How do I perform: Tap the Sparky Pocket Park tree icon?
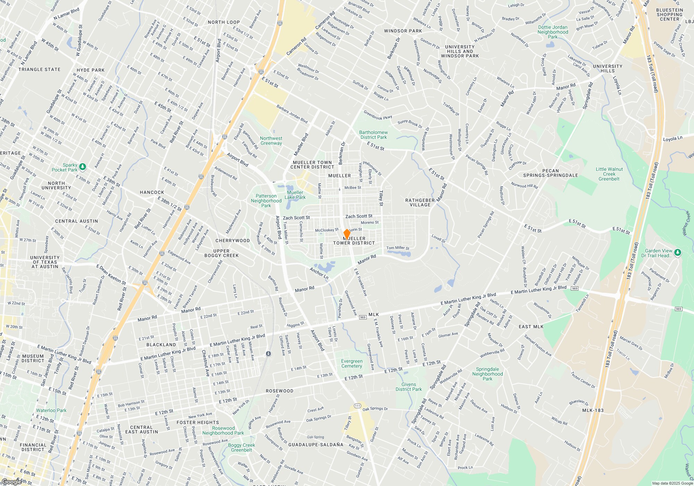tap(82, 167)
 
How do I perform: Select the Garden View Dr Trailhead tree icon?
tap(678, 252)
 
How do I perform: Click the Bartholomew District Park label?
tap(373, 135)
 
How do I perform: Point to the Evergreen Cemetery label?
tap(352, 363)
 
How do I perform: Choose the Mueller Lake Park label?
tap(295, 195)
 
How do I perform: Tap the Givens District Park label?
tap(408, 387)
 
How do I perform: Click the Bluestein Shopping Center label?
tap(669, 15)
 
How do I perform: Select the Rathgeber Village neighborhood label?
tap(420, 202)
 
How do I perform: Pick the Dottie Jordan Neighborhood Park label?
tap(553, 32)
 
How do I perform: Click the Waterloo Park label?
tap(51, 410)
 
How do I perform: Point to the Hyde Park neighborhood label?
tap(91, 70)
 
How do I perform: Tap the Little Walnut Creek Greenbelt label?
tap(609, 174)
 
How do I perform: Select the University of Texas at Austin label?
tap(45, 262)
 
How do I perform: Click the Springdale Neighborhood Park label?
tap(487, 374)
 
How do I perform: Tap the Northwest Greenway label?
tap(271, 141)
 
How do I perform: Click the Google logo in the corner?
tap(11, 481)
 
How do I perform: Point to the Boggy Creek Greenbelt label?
tap(242, 447)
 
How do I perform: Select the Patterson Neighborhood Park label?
tap(266, 201)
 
